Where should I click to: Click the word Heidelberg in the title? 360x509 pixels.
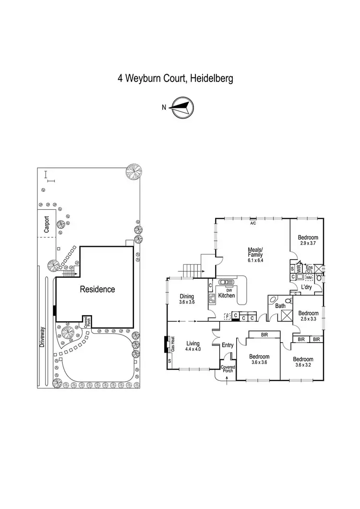(211, 78)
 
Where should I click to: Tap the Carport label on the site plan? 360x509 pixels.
(47, 224)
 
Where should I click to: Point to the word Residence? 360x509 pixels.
(97, 289)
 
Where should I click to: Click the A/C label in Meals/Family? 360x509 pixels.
(252, 223)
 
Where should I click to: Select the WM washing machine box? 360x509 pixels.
(309, 277)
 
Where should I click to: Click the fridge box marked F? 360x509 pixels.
(228, 317)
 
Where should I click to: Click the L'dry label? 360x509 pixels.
(307, 287)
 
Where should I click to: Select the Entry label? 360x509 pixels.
(228, 345)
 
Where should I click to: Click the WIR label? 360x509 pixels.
(299, 269)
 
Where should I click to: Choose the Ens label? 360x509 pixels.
(309, 267)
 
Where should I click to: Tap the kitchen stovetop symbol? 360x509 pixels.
(211, 302)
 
